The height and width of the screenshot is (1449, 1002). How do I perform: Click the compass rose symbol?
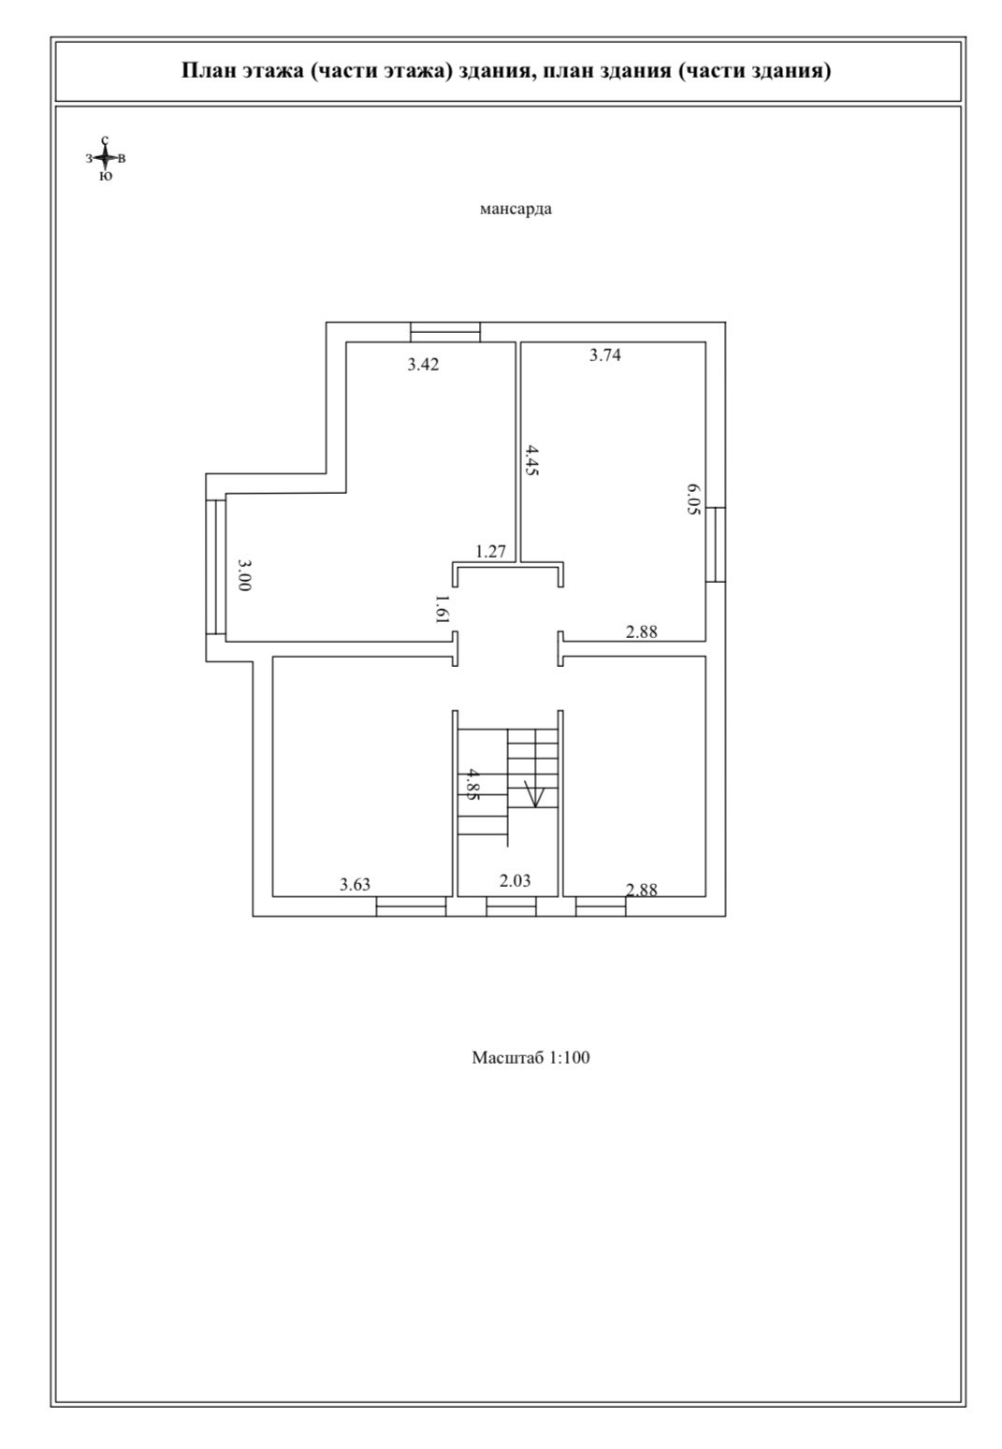(106, 158)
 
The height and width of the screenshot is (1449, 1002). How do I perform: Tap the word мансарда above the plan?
(516, 209)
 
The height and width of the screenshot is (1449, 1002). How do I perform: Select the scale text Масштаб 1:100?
(530, 1058)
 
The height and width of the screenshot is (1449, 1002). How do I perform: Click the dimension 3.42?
(423, 365)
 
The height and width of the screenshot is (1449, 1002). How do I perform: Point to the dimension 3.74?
(605, 355)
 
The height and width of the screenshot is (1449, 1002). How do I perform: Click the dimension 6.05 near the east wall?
(693, 500)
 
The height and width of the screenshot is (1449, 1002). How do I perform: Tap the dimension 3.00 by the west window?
(244, 574)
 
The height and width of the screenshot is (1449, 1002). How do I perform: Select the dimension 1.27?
(490, 551)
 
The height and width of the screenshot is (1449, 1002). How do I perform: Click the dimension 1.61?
(443, 609)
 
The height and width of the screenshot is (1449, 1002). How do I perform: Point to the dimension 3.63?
(356, 884)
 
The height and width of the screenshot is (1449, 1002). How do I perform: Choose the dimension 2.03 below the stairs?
(515, 880)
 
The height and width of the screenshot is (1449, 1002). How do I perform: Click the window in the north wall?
(445, 332)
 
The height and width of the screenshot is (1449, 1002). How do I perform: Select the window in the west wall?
(216, 567)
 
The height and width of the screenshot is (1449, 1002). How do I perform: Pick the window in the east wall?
(716, 544)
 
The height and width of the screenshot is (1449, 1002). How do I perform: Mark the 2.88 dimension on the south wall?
(642, 890)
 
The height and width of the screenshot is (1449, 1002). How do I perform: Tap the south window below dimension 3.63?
(411, 906)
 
